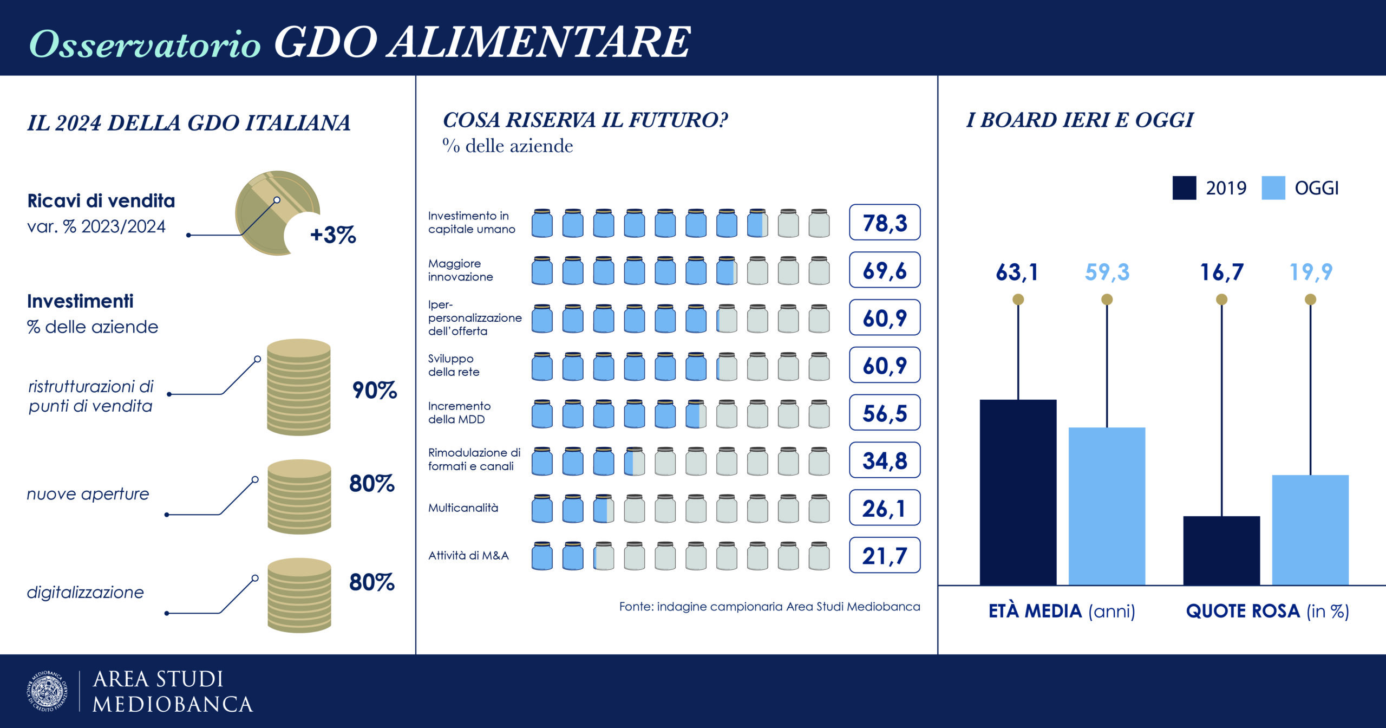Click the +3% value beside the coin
[x=332, y=235]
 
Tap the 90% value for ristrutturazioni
[x=374, y=390]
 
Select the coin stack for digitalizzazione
[x=299, y=595]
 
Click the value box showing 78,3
[x=884, y=223]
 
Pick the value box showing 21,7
[x=884, y=555]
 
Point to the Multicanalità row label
[x=463, y=508]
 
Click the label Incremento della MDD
[x=459, y=413]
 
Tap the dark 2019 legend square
[x=1184, y=188]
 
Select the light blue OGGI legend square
[x=1273, y=188]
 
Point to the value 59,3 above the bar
[x=1107, y=272]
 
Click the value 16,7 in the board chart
[x=1221, y=272]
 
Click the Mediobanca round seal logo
[x=48, y=691]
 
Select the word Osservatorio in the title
[x=145, y=43]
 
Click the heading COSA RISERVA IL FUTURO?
[x=585, y=120]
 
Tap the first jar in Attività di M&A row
[x=542, y=556]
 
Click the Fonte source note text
[x=769, y=607]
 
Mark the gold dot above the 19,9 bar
[x=1310, y=300]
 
